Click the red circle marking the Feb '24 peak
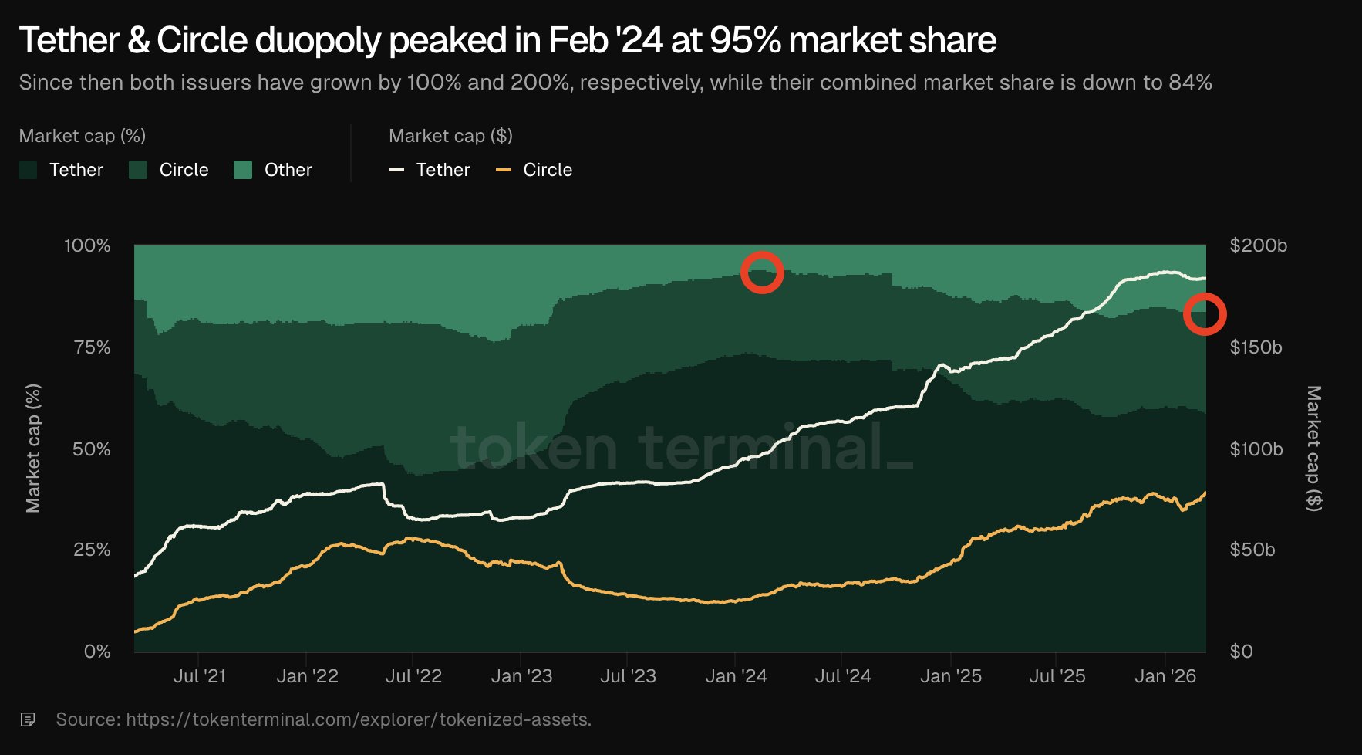click(762, 272)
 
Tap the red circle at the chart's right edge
click(1204, 314)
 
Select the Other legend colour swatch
click(243, 170)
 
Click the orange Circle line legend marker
click(504, 170)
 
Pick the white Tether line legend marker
click(396, 170)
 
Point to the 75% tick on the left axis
click(92, 347)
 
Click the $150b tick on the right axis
click(1256, 347)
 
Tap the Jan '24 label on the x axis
click(736, 676)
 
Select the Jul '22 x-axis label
click(413, 676)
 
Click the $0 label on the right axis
click(1241, 652)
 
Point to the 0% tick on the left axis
click(97, 652)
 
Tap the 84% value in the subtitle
click(1190, 83)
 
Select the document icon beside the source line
click(28, 719)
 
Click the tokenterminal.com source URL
click(359, 719)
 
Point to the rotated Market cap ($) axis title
click(1313, 448)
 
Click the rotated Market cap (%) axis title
click(33, 448)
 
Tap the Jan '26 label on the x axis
click(1165, 676)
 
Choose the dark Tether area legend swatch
click(28, 170)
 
